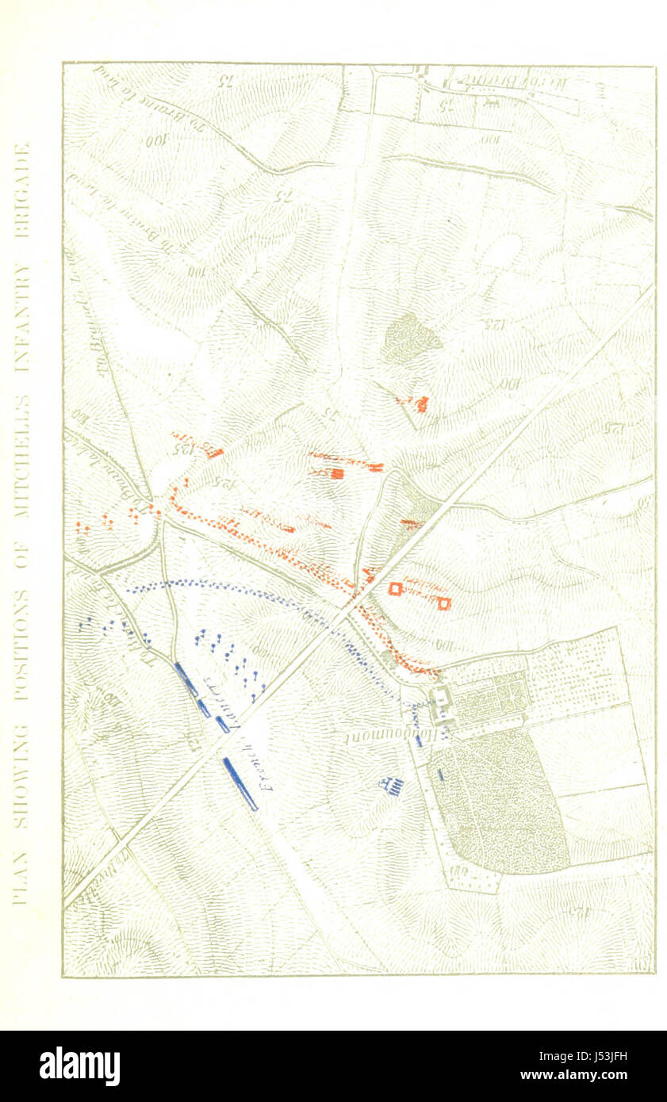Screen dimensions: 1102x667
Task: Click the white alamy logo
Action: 79,1066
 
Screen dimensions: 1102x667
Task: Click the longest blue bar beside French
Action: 240,783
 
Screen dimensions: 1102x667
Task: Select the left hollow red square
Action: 394,588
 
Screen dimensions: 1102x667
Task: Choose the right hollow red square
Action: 443,603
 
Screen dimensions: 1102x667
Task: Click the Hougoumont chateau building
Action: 439,698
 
